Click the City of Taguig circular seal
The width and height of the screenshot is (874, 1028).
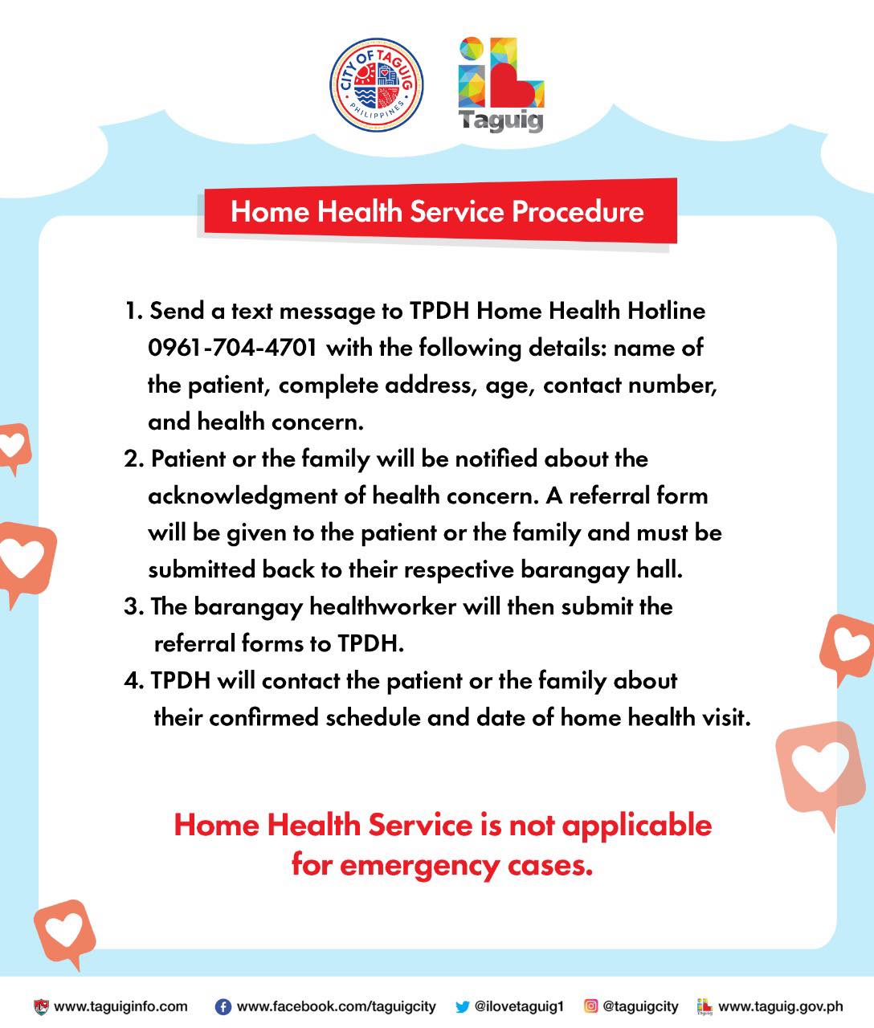tap(376, 83)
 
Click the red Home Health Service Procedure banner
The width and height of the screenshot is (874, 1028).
tap(437, 211)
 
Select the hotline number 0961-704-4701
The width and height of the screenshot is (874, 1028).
tap(232, 349)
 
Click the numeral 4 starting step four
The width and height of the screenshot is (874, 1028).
tap(131, 681)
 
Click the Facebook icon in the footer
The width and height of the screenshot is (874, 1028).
tap(223, 1006)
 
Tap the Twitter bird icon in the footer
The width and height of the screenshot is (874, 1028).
tap(462, 1006)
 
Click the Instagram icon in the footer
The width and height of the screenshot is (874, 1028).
tap(590, 1006)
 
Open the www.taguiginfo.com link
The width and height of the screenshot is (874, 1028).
tap(120, 1006)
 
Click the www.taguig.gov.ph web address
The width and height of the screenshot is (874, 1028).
tap(780, 1006)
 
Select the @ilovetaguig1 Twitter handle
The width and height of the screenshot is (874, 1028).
tap(520, 1006)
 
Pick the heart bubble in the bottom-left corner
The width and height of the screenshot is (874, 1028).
tap(65, 930)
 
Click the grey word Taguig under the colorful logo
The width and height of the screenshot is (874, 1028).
tap(500, 121)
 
